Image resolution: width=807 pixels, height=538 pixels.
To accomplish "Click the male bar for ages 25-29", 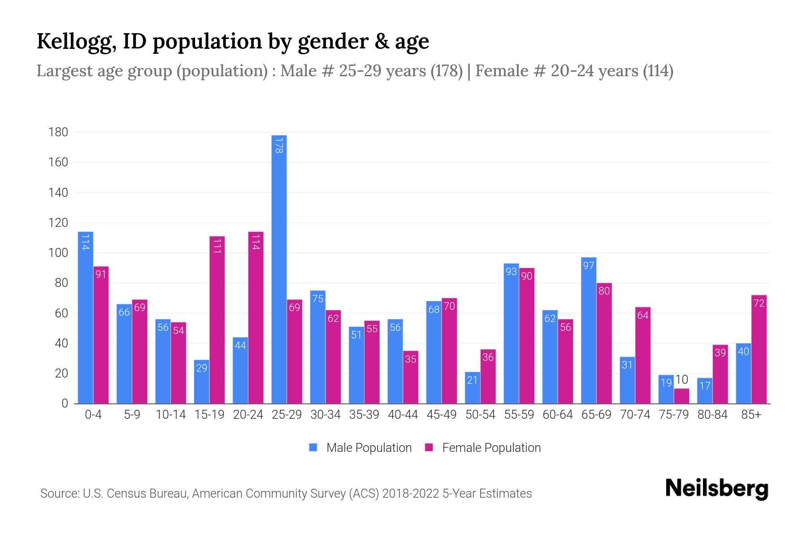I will pyautogui.click(x=279, y=269).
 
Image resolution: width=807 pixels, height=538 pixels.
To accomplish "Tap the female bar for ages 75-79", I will pyautogui.click(x=681, y=396).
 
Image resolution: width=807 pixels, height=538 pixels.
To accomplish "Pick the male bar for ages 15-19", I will pyautogui.click(x=202, y=382).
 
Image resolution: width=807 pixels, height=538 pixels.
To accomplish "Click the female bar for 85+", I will pyautogui.click(x=759, y=349).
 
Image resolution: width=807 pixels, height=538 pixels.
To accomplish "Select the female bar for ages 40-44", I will pyautogui.click(x=411, y=377).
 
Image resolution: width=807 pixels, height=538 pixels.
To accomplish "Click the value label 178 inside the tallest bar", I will pyautogui.click(x=279, y=146).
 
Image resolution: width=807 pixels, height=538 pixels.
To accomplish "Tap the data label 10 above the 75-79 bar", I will pyautogui.click(x=681, y=380).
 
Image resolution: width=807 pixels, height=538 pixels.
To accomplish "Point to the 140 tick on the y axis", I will pyautogui.click(x=58, y=193).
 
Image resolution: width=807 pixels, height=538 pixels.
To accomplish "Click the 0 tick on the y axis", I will pyautogui.click(x=65, y=403).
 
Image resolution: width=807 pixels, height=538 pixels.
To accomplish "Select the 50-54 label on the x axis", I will pyautogui.click(x=480, y=415).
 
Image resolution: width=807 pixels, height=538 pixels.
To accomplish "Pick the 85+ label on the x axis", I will pyautogui.click(x=751, y=415).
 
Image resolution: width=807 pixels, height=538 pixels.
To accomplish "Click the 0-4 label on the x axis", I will pyautogui.click(x=93, y=415).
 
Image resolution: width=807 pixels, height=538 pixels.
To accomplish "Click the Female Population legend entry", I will pyautogui.click(x=483, y=447).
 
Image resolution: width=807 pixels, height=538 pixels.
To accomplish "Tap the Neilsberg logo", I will pyautogui.click(x=716, y=489).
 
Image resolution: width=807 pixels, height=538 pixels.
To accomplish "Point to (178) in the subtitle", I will pyautogui.click(x=447, y=71).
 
